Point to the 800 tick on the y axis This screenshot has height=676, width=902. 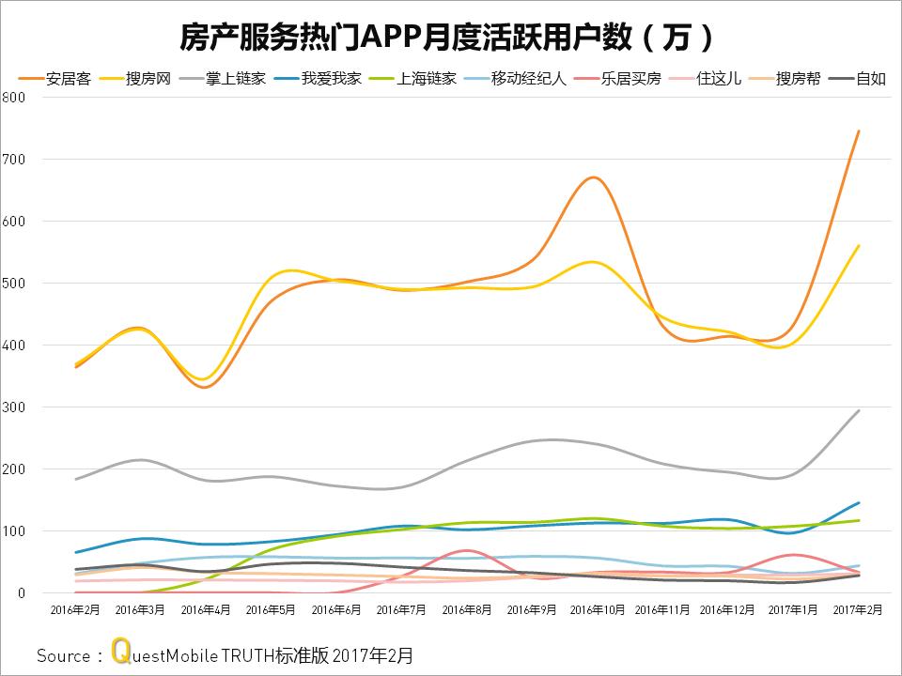(13, 98)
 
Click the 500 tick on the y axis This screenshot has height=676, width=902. (13, 284)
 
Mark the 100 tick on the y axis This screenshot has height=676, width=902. (13, 531)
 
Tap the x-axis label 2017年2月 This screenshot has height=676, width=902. (859, 610)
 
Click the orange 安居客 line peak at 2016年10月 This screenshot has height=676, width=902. (594, 177)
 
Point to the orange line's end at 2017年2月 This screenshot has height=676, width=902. (859, 131)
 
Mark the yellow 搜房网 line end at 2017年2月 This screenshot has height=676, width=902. (859, 246)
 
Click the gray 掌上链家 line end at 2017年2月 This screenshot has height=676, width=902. (859, 410)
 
